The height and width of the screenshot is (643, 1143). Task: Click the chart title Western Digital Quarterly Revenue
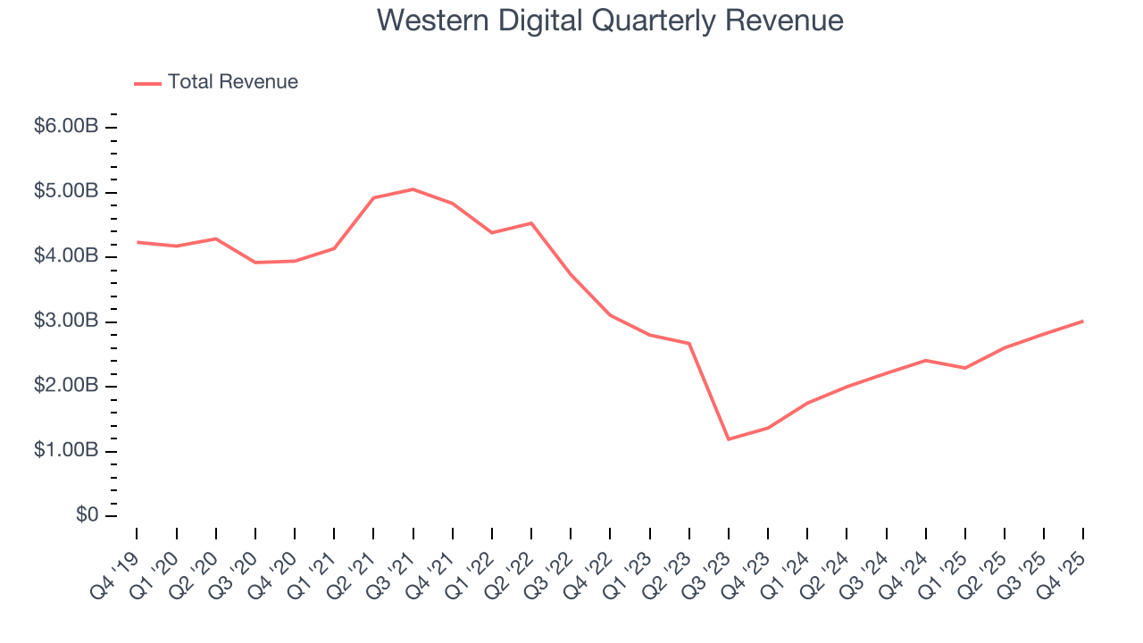pos(610,20)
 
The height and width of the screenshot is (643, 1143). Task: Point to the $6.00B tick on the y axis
pos(66,127)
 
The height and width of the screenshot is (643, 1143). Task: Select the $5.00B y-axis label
pos(66,192)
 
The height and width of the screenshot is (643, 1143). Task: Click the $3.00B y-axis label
pos(66,321)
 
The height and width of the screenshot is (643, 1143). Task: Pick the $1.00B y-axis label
pos(66,451)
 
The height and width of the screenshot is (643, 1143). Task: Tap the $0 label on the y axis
pos(88,516)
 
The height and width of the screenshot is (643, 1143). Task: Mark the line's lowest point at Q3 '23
pos(729,438)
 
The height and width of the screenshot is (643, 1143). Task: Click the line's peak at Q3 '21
pos(413,189)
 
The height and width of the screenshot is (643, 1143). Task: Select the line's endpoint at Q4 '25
pos(1083,321)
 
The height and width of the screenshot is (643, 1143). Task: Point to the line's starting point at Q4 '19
pos(137,242)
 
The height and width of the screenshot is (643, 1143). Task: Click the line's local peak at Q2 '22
pos(531,223)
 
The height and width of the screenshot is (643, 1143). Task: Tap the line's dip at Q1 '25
pos(965,368)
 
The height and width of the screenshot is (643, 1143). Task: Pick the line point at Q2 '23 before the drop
pos(689,343)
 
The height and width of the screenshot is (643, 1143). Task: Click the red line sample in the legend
pos(147,83)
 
